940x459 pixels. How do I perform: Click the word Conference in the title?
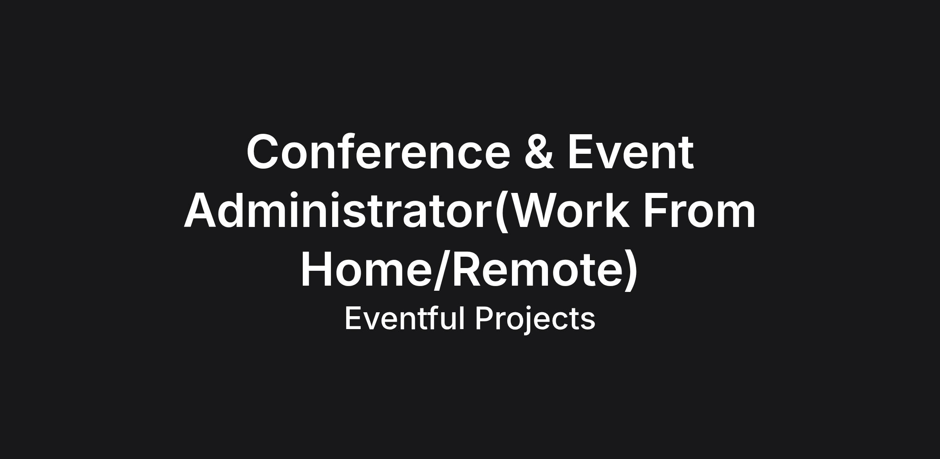[379, 152]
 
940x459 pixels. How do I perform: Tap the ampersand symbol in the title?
[539, 152]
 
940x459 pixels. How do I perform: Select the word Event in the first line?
[631, 152]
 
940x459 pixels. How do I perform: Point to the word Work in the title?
[570, 211]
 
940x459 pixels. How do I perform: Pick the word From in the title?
[700, 211]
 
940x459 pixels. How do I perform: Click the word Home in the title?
[366, 270]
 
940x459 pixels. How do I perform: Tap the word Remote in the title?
[537, 270]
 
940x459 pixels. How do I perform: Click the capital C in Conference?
[263, 152]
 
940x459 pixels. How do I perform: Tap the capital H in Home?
[316, 270]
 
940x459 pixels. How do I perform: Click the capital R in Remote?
[467, 270]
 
